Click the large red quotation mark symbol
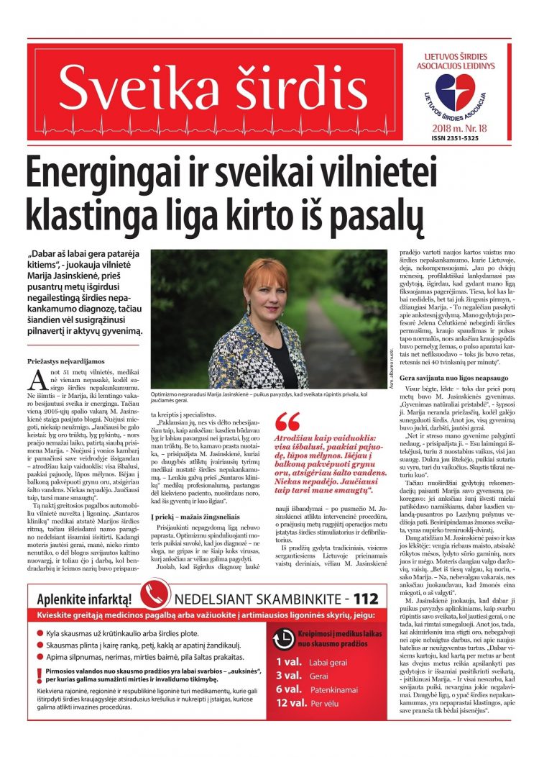[287, 422]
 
